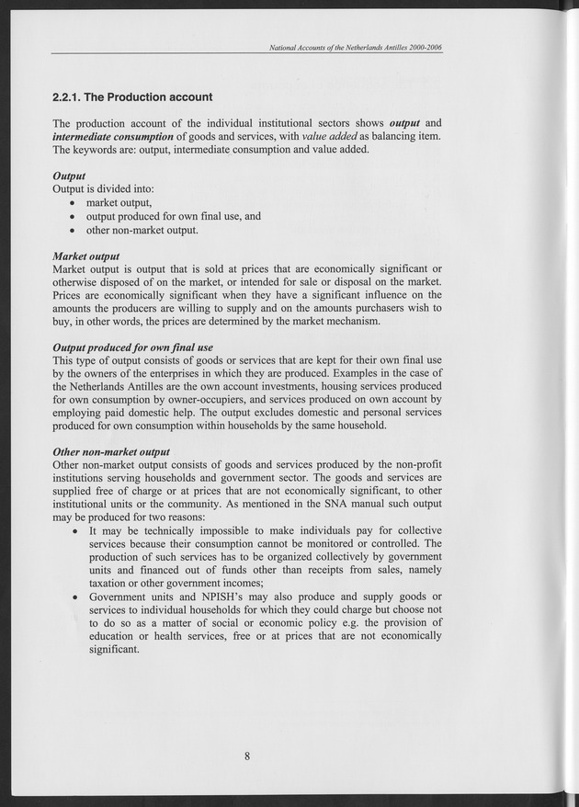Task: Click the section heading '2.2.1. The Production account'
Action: coord(132,97)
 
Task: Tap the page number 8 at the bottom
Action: coord(247,756)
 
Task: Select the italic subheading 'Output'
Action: coord(70,176)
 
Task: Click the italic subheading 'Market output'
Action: coord(86,256)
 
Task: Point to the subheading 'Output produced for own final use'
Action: coord(133,347)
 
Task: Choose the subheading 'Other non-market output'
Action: coord(111,452)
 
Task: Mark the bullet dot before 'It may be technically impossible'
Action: coord(75,531)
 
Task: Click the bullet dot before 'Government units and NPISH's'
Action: coord(75,597)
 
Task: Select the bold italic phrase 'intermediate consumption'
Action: coord(113,136)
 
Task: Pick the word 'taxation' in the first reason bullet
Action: coord(111,584)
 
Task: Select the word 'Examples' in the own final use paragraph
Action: coord(330,373)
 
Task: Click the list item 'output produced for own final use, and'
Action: coord(174,216)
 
